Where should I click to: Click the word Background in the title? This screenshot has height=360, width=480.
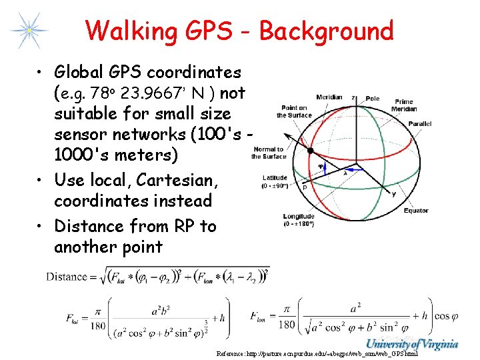326,31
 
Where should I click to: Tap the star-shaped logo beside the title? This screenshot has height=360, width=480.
29,29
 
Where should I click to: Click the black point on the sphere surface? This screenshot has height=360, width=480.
310,151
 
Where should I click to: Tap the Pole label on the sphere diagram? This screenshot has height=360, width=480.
373,99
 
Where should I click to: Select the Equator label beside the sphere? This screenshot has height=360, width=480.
416,211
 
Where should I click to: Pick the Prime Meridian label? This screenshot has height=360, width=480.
404,106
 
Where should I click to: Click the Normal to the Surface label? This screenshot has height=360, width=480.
269,153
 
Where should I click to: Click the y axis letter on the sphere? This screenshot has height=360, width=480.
393,195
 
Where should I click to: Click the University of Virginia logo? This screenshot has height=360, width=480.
413,344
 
